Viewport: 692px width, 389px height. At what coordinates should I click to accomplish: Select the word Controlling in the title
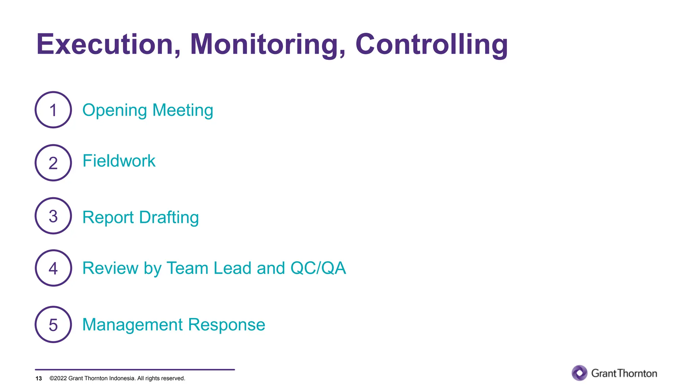(x=431, y=45)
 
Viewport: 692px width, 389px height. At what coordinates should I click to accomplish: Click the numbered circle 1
(x=53, y=110)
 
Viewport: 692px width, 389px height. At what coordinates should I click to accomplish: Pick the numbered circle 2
(x=53, y=163)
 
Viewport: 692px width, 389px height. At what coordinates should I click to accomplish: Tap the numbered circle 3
(x=53, y=216)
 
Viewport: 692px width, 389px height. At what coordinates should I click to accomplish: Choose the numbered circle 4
(x=53, y=268)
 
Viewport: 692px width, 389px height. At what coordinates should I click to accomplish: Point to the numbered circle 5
(x=53, y=325)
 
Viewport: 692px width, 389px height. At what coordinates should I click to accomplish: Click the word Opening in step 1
(x=115, y=111)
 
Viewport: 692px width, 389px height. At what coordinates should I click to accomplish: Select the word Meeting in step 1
(x=183, y=110)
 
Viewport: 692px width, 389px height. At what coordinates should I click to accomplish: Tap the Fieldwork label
(x=119, y=161)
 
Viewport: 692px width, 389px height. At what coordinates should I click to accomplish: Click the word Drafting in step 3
(x=169, y=217)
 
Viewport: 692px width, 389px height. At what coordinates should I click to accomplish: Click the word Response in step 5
(x=226, y=325)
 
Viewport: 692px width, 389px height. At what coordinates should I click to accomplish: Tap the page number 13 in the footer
(x=39, y=379)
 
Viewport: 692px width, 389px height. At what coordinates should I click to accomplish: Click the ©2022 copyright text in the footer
(x=117, y=379)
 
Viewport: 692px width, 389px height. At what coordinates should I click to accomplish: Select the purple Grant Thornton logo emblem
(x=579, y=373)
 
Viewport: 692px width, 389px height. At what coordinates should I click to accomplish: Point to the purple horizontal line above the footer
(x=135, y=370)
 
